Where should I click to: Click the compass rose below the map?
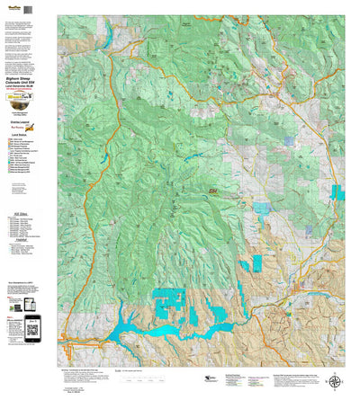point(336,381)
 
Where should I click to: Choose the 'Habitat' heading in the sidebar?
point(26,238)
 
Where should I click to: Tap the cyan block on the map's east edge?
point(337,192)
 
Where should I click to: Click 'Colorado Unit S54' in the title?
point(26,84)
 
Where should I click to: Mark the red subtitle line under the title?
point(26,91)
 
